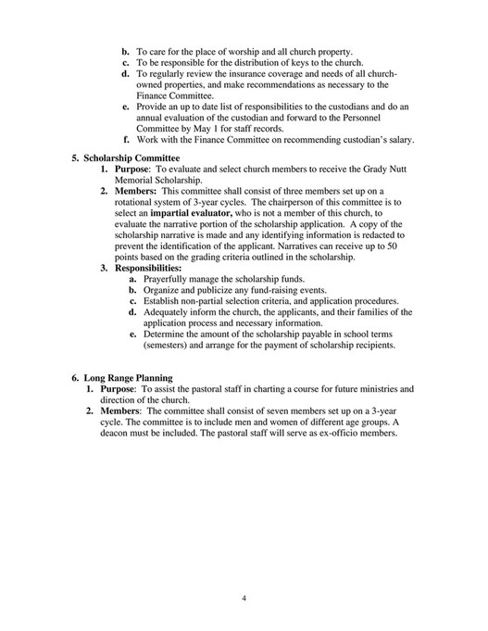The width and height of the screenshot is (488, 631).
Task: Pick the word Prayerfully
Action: pos(170,280)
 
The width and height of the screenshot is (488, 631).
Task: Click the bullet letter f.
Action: pos(126,141)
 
